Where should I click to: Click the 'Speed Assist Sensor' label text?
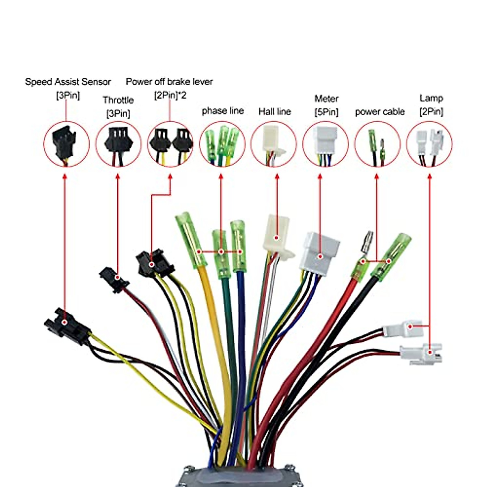(68, 82)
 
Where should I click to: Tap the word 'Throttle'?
(118, 100)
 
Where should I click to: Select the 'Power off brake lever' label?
(169, 82)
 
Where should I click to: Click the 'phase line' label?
(223, 111)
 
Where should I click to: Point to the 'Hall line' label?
(275, 112)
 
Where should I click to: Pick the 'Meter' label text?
(326, 99)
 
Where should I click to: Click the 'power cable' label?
(380, 112)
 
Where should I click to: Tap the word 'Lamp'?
(431, 98)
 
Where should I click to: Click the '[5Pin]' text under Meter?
(326, 112)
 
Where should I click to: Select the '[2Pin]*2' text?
(170, 96)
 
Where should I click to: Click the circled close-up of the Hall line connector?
(274, 144)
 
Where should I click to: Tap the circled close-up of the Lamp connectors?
(429, 144)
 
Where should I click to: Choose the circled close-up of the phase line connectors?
(222, 144)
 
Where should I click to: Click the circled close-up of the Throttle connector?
(119, 144)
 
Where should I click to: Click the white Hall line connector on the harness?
(277, 237)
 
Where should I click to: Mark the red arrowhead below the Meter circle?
(319, 178)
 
